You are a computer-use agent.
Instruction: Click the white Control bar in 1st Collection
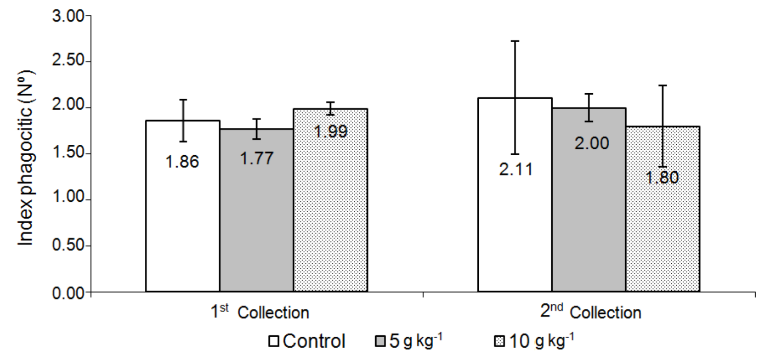pos(183,223)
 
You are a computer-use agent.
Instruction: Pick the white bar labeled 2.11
pos(515,223)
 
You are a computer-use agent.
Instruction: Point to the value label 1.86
pos(182,162)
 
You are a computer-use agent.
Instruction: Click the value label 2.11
pos(515,169)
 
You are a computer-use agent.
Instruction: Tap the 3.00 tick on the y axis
pos(69,16)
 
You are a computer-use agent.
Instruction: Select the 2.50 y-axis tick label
pos(69,62)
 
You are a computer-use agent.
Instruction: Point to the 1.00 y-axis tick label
pos(69,200)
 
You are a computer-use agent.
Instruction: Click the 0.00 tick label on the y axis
pos(69,293)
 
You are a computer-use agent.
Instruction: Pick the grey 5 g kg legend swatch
pos(381,342)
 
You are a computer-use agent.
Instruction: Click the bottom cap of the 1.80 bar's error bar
pos(663,167)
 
